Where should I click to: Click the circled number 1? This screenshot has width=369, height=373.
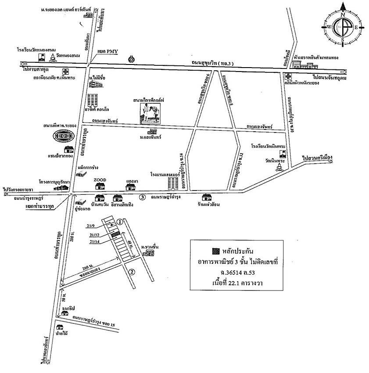click(x=119, y=222)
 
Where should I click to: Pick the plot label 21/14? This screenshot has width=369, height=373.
click(x=94, y=241)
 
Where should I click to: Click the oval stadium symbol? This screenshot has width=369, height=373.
click(x=64, y=136)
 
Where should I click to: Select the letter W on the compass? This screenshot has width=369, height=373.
click(x=328, y=27)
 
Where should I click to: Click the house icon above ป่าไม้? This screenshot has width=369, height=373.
click(x=60, y=326)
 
